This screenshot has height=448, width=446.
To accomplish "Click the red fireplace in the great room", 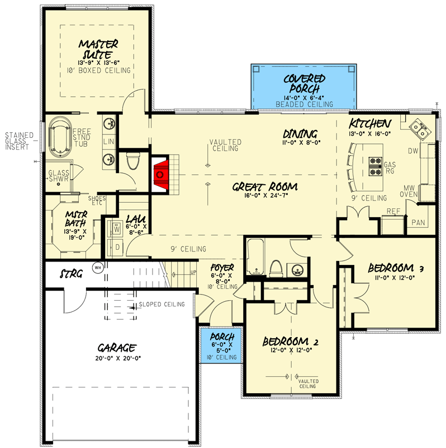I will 161,174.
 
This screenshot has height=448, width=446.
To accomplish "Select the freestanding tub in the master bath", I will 59,136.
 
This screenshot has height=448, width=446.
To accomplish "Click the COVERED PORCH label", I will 301,85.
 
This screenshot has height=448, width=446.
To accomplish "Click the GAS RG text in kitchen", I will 390,168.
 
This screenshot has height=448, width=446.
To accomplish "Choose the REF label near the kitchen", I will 393,211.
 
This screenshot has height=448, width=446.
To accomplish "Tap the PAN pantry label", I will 418,222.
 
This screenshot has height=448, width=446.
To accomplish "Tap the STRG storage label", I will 72,274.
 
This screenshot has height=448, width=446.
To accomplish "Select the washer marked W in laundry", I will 117,228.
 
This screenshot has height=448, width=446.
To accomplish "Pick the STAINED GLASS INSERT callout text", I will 19,141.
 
